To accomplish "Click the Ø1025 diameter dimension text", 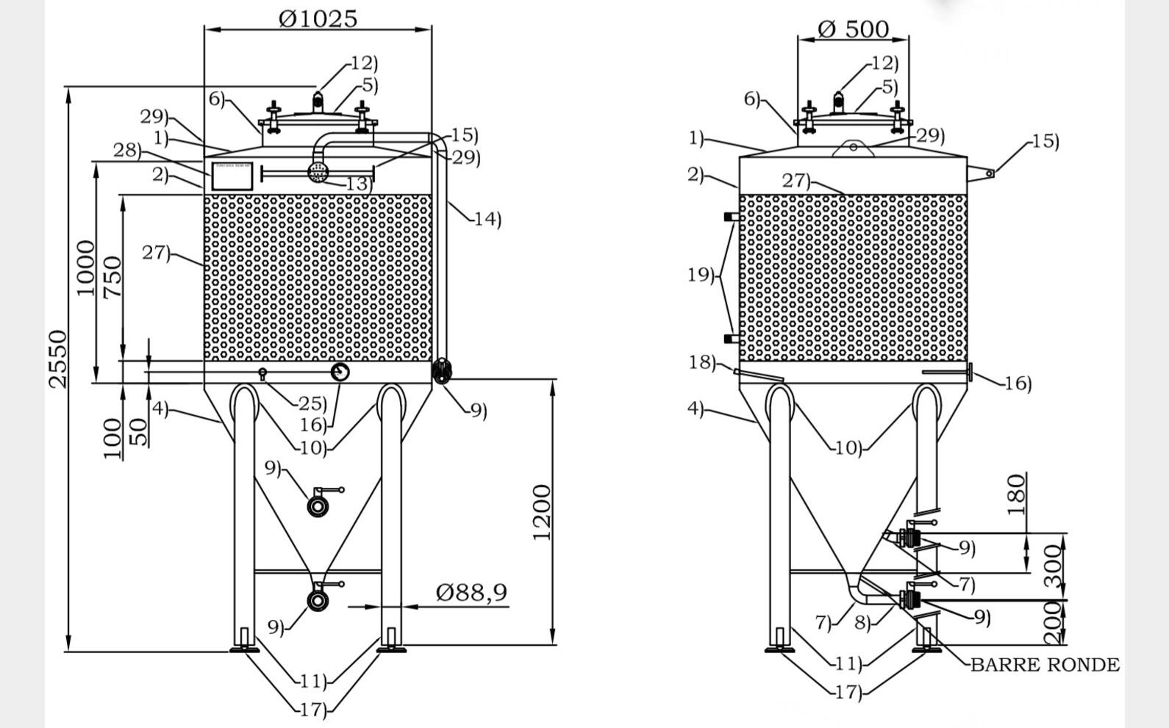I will (x=318, y=18).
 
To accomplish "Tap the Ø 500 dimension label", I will (x=853, y=29).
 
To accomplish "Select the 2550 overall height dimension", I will (x=57, y=359).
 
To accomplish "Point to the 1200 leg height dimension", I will (x=542, y=512).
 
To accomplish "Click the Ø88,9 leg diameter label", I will (x=471, y=591).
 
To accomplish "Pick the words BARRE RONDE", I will (x=1045, y=665).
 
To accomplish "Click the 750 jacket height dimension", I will (x=112, y=277).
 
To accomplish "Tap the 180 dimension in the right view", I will (x=1016, y=494).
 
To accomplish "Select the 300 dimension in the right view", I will (x=1054, y=566).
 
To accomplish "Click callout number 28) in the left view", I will (x=126, y=151).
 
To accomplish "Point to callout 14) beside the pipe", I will (x=487, y=219).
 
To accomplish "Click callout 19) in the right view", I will (x=701, y=275).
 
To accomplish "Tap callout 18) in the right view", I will (x=701, y=362).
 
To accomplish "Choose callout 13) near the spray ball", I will (x=358, y=184).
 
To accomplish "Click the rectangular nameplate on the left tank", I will (x=232, y=176).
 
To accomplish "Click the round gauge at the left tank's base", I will (x=340, y=372).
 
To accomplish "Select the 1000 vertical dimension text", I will (x=86, y=268).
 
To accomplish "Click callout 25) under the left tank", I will (x=312, y=403).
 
